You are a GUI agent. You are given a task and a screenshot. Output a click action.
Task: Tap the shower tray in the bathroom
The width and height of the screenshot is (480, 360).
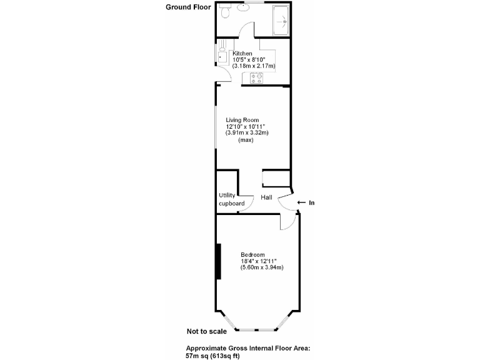[282, 20]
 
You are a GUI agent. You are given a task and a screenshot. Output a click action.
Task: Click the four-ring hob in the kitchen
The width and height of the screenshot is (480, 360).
[257, 78]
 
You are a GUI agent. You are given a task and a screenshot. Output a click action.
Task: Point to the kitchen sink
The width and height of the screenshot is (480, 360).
[221, 57]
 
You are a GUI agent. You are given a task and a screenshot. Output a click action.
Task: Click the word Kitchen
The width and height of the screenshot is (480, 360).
[242, 53]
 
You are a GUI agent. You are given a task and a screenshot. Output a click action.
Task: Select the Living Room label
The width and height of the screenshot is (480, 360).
[242, 120]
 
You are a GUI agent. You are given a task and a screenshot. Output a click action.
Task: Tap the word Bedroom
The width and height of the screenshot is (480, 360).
[253, 255]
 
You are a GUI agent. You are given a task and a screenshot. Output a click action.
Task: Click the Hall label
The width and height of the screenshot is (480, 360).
[266, 197]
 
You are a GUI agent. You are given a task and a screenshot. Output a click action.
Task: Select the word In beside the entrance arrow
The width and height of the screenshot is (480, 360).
[312, 202]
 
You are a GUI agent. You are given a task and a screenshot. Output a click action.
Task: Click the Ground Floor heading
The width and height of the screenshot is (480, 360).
[187, 7]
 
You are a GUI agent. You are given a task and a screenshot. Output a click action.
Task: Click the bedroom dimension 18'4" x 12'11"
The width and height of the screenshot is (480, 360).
[259, 261]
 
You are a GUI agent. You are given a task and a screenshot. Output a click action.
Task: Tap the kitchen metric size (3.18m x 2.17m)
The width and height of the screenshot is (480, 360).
[254, 66]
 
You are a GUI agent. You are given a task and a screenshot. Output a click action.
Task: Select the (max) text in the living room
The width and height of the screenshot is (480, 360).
[246, 140]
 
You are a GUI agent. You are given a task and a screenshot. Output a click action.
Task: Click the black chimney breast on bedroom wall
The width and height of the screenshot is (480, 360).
[218, 261]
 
